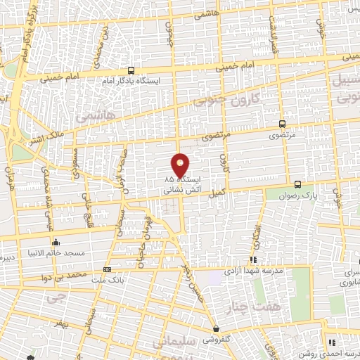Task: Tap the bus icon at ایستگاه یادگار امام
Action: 131,70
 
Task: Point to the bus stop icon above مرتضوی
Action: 282,122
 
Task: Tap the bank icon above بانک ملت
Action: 107,269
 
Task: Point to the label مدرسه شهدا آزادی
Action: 255,271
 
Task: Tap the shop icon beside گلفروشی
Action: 217,329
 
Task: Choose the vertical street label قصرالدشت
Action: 270,35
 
